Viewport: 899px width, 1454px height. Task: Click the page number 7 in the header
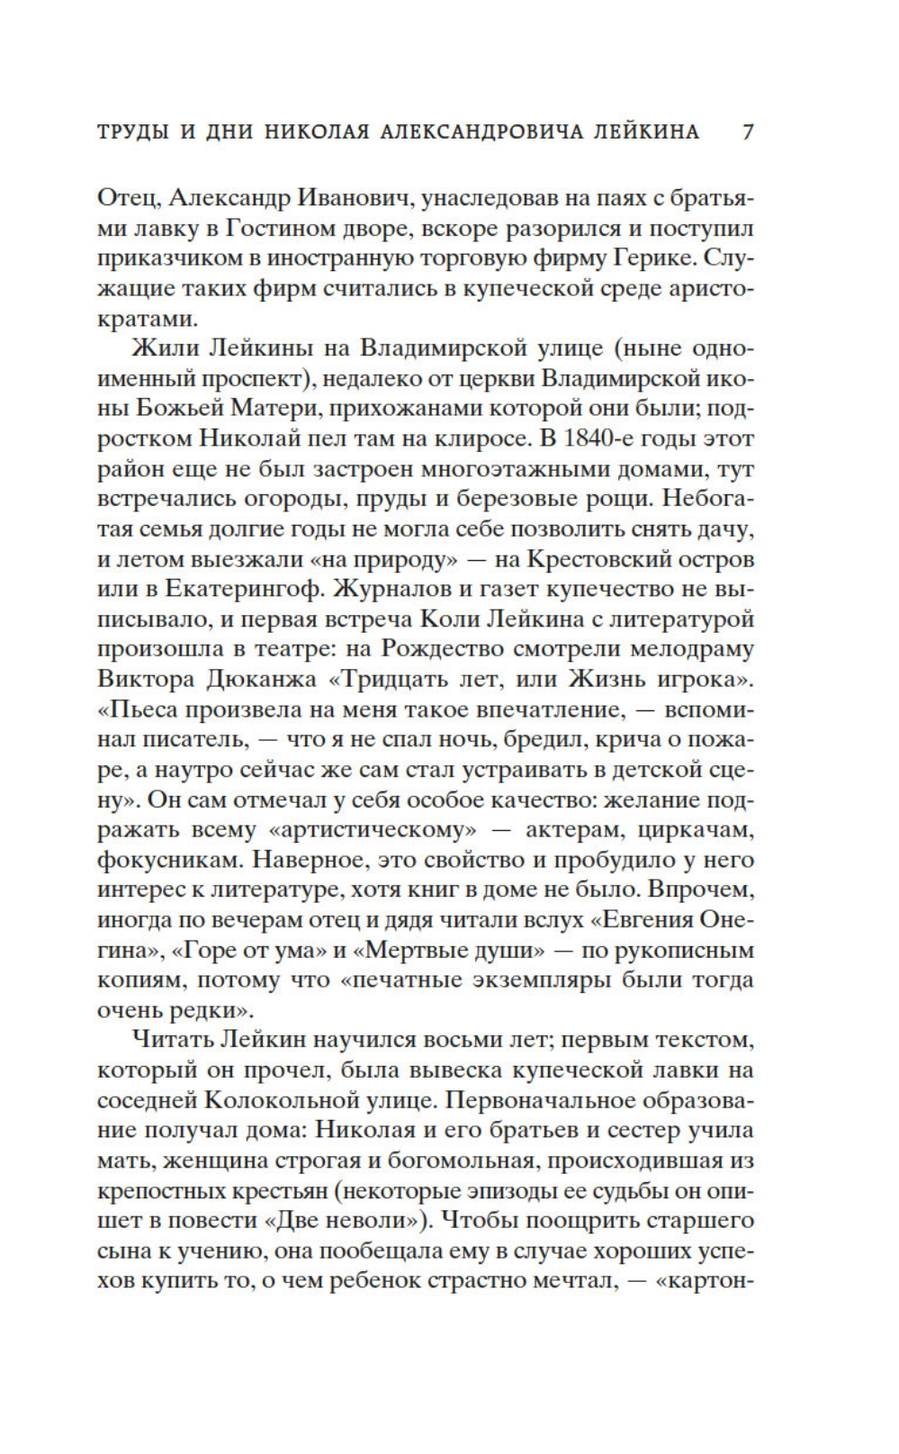point(747,132)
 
